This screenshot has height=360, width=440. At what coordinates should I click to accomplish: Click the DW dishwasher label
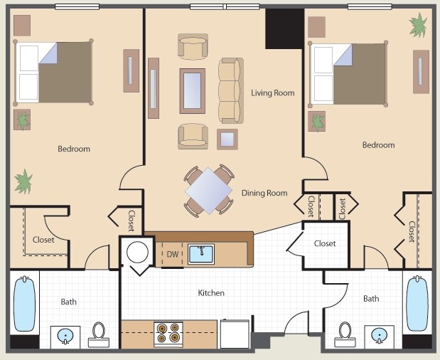pyautogui.click(x=172, y=254)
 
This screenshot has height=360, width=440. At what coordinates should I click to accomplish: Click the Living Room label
pyautogui.click(x=272, y=93)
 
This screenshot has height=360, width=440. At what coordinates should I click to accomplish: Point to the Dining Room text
pyautogui.click(x=264, y=193)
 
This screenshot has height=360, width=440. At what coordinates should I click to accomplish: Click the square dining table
pyautogui.click(x=209, y=190)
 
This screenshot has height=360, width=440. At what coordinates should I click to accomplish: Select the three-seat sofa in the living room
pyautogui.click(x=230, y=90)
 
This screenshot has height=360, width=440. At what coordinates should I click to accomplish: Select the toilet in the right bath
pyautogui.click(x=345, y=333)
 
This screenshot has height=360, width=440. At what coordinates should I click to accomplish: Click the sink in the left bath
pyautogui.click(x=65, y=334)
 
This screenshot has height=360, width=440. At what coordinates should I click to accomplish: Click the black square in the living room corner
pyautogui.click(x=284, y=28)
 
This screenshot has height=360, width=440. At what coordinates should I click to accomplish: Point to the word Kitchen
pyautogui.click(x=211, y=293)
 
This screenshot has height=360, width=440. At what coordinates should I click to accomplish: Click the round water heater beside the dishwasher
pyautogui.click(x=136, y=252)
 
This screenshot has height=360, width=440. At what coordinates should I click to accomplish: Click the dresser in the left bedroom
pyautogui.click(x=131, y=70)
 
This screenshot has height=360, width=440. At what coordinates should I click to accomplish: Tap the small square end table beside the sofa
pyautogui.click(x=227, y=138)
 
